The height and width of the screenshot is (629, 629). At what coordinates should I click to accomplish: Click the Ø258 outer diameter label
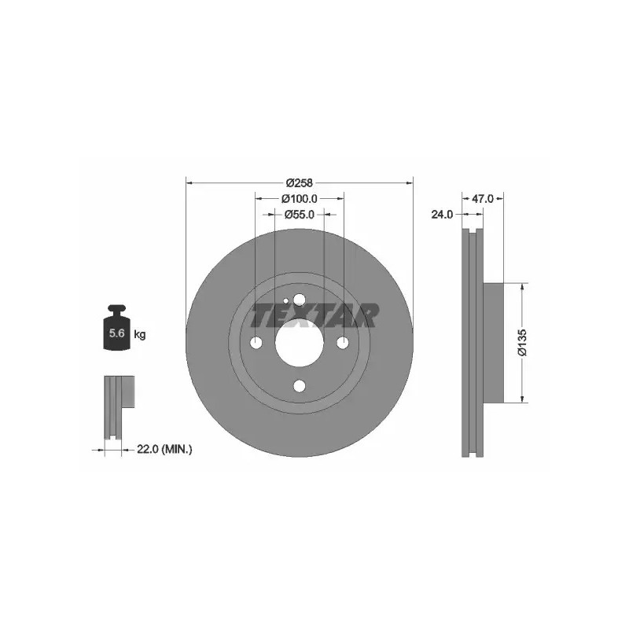click(300, 183)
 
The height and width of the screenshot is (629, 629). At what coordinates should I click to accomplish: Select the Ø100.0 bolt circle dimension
click(300, 199)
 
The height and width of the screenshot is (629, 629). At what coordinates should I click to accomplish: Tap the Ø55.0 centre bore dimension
click(300, 215)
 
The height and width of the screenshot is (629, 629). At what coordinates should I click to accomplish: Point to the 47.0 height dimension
click(482, 199)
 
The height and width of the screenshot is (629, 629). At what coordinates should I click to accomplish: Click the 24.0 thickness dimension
click(442, 215)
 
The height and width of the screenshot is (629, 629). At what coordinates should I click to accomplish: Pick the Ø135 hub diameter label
click(522, 342)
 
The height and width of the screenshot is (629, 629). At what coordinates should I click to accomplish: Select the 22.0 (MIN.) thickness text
click(164, 450)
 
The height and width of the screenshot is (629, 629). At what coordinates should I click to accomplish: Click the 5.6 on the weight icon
click(117, 333)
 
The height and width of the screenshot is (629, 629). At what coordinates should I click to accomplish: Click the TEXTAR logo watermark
click(313, 315)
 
